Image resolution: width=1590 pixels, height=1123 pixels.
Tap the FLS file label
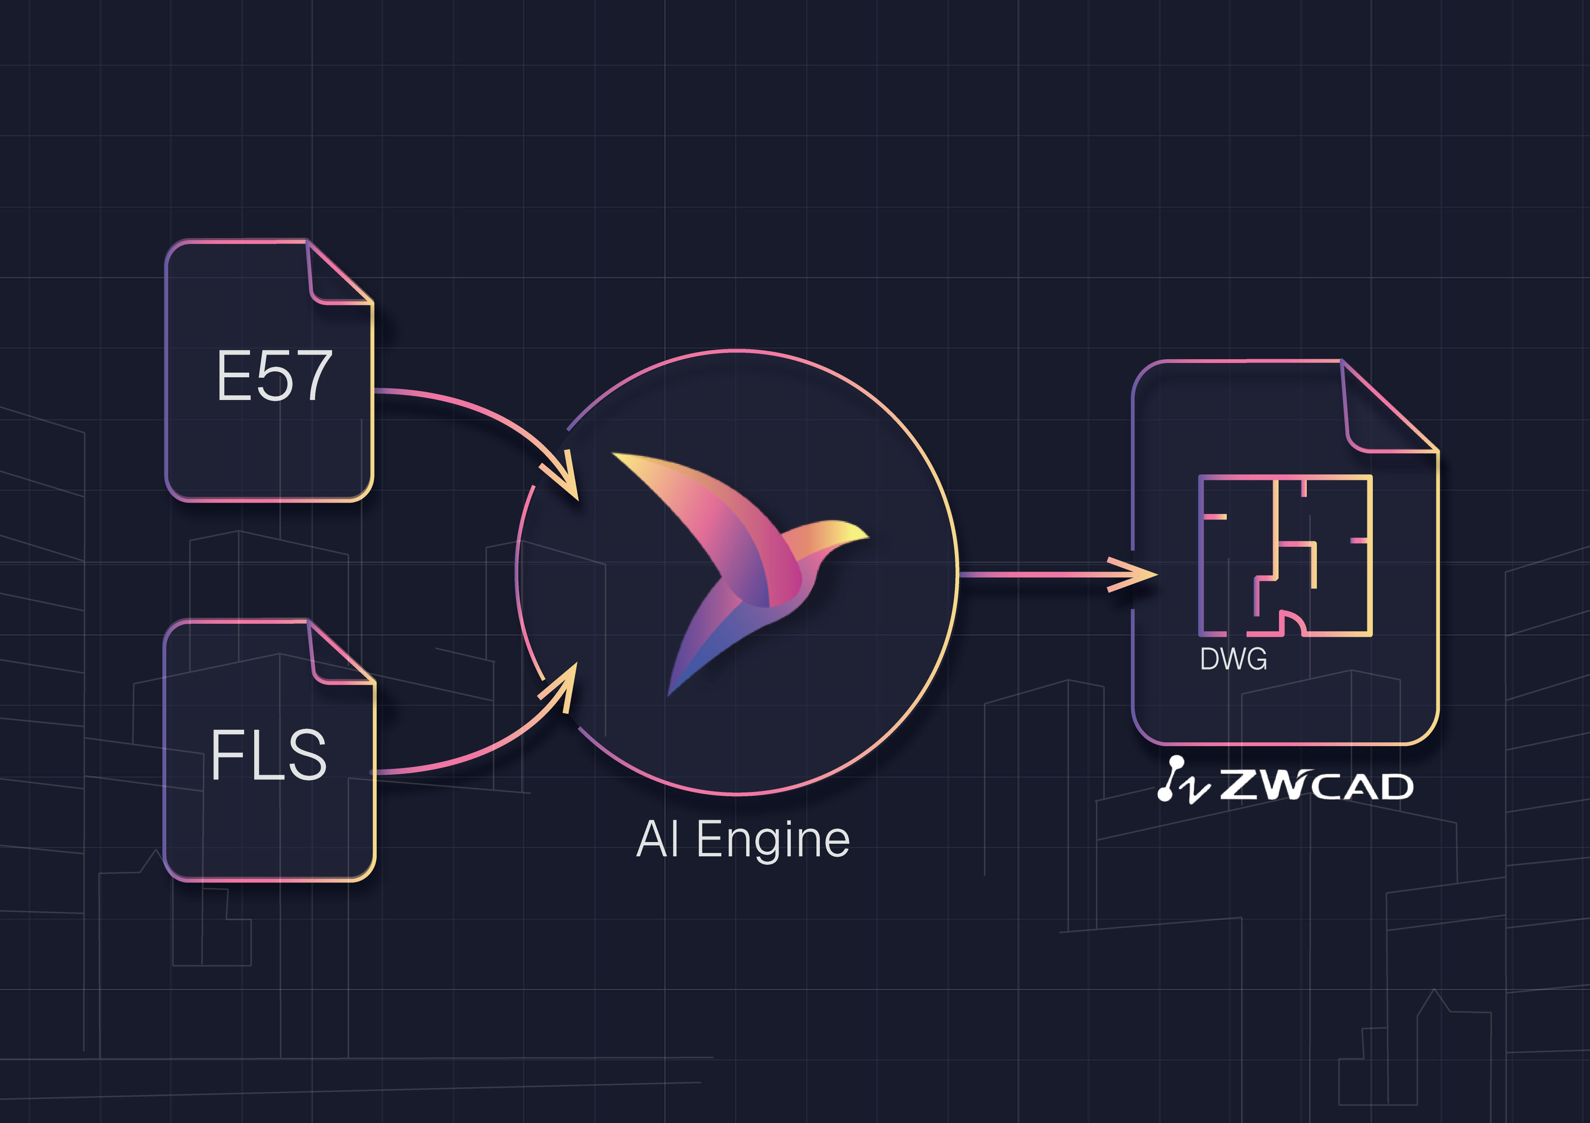tap(269, 755)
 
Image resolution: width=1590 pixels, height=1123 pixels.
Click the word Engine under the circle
tap(773, 840)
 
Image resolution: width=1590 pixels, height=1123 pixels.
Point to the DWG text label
tap(1233, 659)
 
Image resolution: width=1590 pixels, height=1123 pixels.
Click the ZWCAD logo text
tap(1316, 786)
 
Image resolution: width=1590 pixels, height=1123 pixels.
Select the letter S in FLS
tap(305, 755)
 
